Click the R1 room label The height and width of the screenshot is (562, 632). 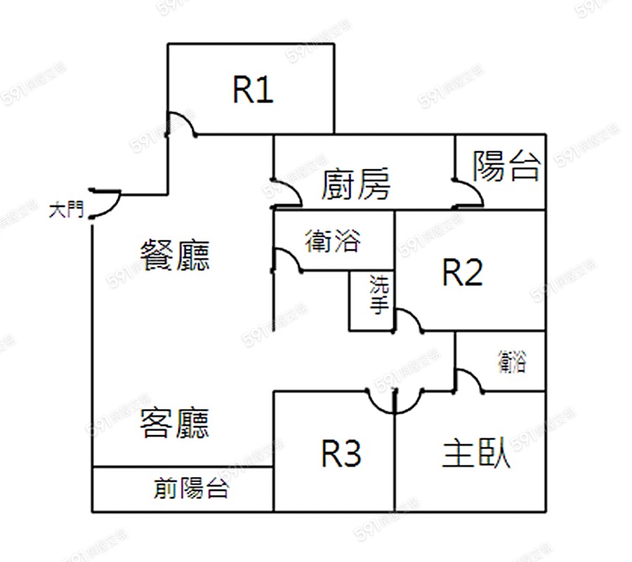(253, 90)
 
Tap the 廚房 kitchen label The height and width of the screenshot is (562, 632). (355, 185)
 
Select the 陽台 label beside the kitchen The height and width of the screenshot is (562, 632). (506, 167)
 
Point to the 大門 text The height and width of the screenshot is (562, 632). (66, 210)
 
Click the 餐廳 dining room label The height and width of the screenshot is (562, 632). (176, 255)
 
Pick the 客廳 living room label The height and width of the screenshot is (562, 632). (175, 423)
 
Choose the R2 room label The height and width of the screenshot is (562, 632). (462, 272)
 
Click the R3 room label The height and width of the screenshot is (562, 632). (341, 454)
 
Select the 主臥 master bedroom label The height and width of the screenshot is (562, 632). (477, 454)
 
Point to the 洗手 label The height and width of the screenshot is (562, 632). (379, 295)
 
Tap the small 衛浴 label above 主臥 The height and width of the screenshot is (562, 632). (511, 362)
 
